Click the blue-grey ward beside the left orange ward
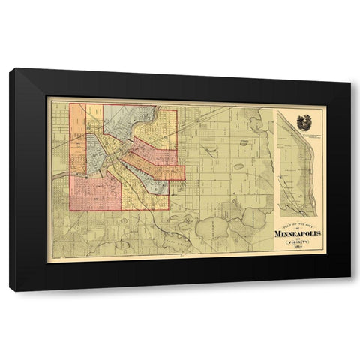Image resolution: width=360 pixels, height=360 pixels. pyautogui.click(x=96, y=150)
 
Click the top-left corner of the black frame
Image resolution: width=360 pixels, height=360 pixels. pyautogui.click(x=10, y=69)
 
